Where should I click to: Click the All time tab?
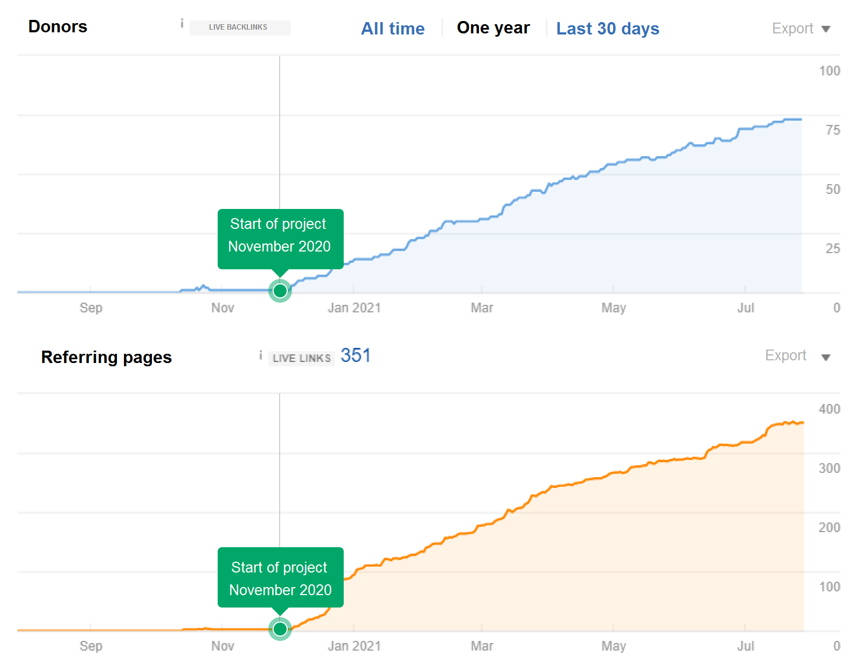[393, 29]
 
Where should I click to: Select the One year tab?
[493, 28]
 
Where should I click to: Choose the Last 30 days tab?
[607, 29]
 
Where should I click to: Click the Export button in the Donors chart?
[801, 29]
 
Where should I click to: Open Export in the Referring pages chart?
[797, 356]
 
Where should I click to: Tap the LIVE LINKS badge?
[301, 358]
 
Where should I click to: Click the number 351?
[356, 355]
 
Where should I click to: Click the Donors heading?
[58, 26]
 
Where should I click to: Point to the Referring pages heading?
[106, 357]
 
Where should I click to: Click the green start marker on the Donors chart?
[280, 291]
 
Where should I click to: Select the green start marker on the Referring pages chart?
[280, 629]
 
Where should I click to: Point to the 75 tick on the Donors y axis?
[832, 130]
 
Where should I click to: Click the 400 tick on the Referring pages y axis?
[829, 409]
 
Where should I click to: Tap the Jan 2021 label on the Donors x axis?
[354, 308]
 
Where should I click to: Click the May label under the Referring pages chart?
[614, 646]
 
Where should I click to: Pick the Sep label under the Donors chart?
[91, 308]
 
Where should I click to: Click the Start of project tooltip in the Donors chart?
[280, 235]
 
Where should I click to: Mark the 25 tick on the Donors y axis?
[832, 249]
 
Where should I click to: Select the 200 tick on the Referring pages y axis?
[829, 528]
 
